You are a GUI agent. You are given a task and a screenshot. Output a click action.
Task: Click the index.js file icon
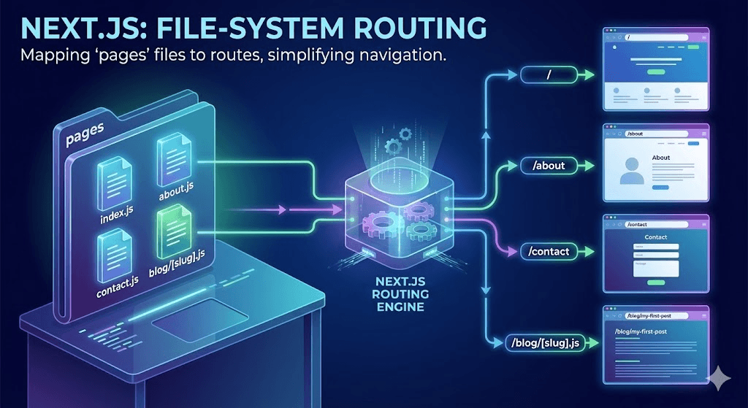coord(115,178)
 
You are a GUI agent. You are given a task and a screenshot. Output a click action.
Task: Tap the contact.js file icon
coord(115,250)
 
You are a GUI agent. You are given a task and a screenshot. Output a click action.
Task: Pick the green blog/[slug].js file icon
coord(175,228)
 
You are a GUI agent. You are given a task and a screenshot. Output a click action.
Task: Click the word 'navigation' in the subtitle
coord(399,55)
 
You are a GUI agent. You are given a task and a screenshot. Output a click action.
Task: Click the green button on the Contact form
coord(656,281)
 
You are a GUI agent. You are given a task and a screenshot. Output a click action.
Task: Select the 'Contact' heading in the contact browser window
coord(656,238)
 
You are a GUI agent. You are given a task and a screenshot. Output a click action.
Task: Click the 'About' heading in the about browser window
coord(660,158)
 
